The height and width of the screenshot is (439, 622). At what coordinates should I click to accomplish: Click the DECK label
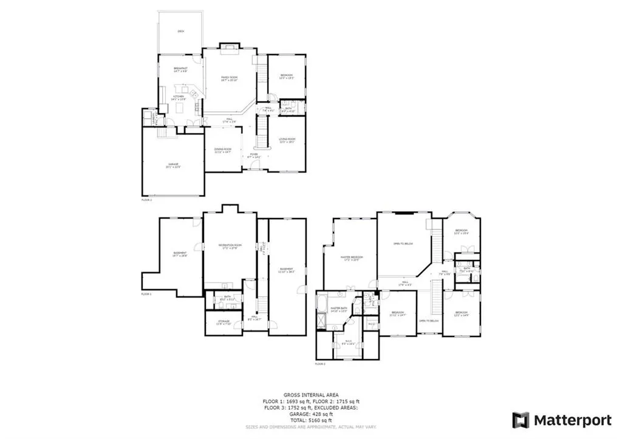pos(180,31)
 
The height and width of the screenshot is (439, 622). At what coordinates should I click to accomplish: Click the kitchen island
pos(181,108)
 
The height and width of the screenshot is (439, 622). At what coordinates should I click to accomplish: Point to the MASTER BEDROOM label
pos(351,259)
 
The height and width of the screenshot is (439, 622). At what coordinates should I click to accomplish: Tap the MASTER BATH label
pos(338,309)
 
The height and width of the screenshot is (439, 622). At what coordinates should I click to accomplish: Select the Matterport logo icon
pos(521,420)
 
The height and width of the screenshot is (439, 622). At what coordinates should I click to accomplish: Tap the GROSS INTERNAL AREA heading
pos(310,394)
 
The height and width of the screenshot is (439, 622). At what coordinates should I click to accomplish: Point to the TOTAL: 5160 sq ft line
pos(310,420)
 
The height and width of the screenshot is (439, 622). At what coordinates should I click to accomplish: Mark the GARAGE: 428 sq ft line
pos(310,413)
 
